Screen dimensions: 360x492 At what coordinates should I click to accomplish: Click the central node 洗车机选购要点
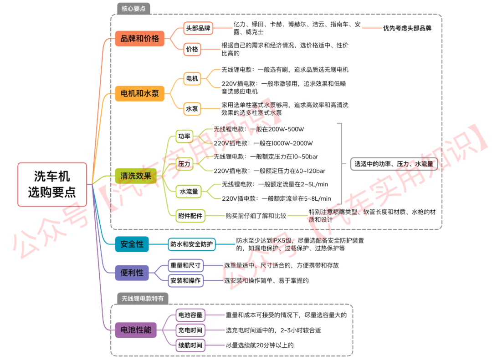(52, 184)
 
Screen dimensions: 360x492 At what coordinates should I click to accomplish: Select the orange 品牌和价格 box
(139, 39)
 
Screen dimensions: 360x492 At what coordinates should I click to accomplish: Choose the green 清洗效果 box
(135, 175)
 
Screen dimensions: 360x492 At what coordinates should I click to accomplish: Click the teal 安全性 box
(132, 244)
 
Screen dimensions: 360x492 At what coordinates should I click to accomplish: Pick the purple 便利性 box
(132, 273)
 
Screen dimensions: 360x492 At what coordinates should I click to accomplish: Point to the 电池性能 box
(135, 330)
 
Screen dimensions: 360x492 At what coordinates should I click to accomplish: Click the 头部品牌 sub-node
(198, 28)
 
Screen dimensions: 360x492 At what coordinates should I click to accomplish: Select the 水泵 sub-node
(192, 109)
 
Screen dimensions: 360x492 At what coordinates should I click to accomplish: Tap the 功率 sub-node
(184, 136)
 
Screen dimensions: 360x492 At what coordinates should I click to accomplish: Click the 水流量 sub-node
(189, 192)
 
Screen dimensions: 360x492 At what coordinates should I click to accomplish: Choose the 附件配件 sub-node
(190, 216)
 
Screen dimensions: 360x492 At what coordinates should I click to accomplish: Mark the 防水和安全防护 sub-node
(191, 244)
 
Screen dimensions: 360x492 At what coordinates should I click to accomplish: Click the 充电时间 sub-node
(190, 330)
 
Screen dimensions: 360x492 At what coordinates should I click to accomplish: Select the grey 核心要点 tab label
(133, 9)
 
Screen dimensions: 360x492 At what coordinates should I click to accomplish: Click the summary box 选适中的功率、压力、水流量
(394, 164)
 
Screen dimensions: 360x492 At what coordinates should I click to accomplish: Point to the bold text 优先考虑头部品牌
(407, 28)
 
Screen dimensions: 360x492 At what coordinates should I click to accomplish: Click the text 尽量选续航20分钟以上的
(260, 345)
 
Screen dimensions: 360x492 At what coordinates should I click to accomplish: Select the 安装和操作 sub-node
(185, 280)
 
